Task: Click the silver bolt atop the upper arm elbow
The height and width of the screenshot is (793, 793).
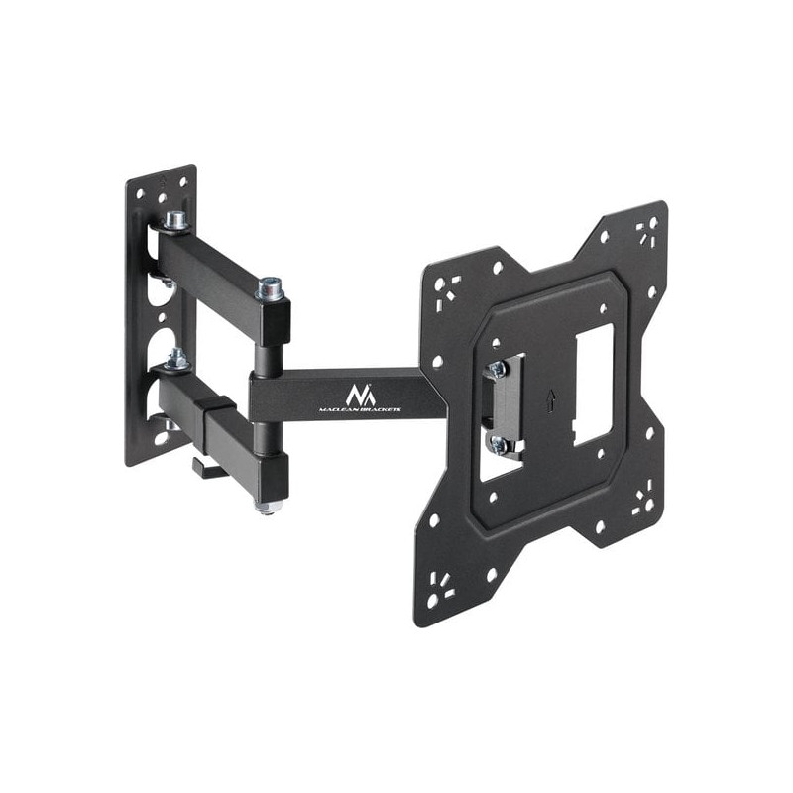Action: click(x=269, y=289)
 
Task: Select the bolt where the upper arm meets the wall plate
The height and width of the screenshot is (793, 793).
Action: click(x=176, y=220)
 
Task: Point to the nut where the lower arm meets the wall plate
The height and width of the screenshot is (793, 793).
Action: click(x=177, y=359)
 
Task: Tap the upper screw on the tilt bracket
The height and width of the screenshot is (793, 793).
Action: click(x=496, y=368)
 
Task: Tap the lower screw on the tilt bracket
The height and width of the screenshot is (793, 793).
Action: click(x=500, y=444)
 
